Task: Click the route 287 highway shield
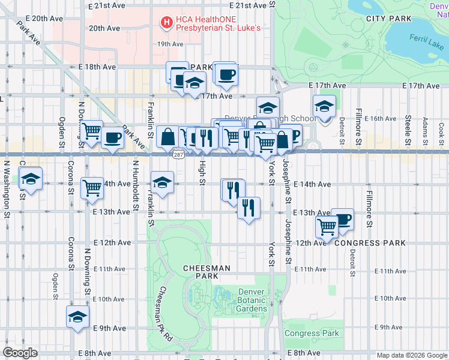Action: [179, 155]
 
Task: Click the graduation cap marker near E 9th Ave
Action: [77, 317]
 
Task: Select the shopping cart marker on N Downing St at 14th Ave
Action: [92, 188]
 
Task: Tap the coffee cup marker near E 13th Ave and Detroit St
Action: [342, 219]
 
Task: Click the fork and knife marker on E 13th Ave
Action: [248, 208]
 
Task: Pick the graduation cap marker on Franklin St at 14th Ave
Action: [162, 181]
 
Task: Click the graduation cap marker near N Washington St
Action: [30, 178]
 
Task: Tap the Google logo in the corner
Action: [20, 353]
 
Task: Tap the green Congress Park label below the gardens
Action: [312, 334]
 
